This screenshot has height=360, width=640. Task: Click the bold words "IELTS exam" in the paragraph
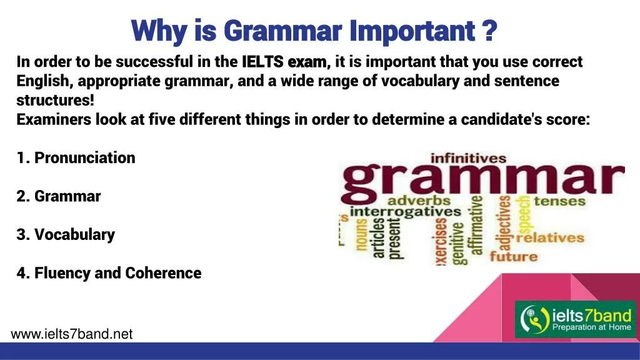pos(284,62)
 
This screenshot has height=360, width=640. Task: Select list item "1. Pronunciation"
pos(76,157)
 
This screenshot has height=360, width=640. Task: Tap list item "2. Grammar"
pos(59,196)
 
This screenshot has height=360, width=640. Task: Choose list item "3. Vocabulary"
pos(66,235)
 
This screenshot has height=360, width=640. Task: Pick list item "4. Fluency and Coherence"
pos(109,273)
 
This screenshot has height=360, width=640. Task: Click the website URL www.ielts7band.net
pos(72,334)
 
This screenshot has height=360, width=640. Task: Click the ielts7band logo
pos(574,319)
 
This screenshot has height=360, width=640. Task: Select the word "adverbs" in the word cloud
pos(419,201)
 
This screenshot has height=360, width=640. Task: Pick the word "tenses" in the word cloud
pos(559,201)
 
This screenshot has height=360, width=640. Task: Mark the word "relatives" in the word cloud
pos(550,237)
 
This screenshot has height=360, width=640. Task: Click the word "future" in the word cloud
pos(513,256)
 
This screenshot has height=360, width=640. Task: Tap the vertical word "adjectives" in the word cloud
pos(504,224)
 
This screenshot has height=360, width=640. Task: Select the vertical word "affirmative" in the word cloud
pos(477,225)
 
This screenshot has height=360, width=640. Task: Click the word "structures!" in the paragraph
pos(56,101)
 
